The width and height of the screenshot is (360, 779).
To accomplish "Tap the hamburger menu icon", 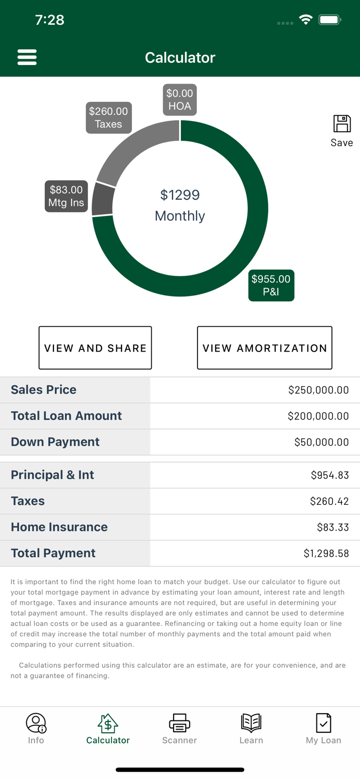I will coord(27,57).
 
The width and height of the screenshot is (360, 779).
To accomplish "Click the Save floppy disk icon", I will coord(342,124).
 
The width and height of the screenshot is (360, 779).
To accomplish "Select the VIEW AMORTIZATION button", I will coord(264,348).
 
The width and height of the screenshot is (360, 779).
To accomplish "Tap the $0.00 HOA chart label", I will coord(180,100).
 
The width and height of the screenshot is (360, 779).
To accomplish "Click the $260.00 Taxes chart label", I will coord(109,118).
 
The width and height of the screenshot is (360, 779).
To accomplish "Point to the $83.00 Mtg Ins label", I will coord(66,196).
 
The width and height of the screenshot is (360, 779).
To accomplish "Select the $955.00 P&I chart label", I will coord(271,286).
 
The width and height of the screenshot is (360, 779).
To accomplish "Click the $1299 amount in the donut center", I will coord(180,195).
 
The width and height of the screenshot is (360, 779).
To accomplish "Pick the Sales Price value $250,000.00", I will coord(318,390).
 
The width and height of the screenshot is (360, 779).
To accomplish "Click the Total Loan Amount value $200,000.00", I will coord(318,416).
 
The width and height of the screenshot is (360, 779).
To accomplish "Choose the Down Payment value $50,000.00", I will coord(322,442).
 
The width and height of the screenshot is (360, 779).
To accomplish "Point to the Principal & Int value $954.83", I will coord(330,475).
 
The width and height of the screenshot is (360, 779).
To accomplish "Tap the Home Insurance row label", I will coord(59,527).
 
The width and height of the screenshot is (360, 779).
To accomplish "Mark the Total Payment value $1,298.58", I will coord(326,554).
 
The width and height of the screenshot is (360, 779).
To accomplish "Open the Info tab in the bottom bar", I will coord(36,729).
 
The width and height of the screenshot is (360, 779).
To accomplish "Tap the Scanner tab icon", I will coord(180,723).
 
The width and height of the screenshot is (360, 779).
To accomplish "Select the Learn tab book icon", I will coord(251,723).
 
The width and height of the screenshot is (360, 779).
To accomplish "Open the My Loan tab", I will coord(323,729).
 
